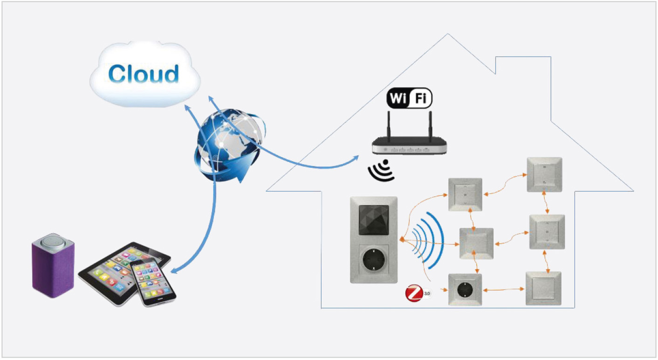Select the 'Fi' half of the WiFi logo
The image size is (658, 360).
[420, 98]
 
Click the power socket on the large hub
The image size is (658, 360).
[373, 261]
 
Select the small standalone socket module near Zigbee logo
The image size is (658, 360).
[465, 290]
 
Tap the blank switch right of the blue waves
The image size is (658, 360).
[476, 243]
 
